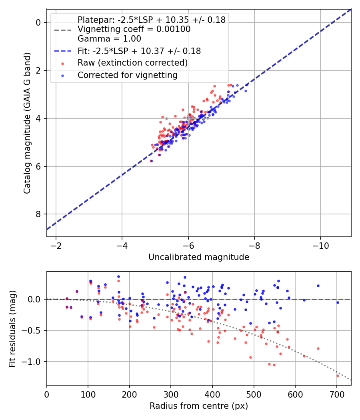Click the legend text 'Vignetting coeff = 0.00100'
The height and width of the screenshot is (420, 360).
click(134, 29)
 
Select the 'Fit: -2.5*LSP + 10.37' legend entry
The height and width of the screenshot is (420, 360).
click(139, 51)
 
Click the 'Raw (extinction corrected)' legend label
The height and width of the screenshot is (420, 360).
click(132, 63)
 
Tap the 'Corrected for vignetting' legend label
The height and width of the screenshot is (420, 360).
click(127, 75)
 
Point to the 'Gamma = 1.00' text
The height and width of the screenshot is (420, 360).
click(109, 39)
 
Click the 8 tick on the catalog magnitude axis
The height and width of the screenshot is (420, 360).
click(39, 214)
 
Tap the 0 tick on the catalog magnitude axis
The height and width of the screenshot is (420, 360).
click(39, 23)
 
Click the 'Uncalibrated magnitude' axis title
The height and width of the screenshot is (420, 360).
click(199, 257)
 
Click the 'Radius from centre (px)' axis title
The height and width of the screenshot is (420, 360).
click(199, 406)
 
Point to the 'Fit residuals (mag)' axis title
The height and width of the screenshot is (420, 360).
click(12, 328)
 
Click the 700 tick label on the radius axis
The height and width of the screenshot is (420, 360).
click(337, 394)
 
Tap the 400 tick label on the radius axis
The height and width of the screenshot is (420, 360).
click(212, 394)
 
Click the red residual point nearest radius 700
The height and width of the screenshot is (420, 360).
click(338, 376)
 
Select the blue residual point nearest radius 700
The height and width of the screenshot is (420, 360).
click(338, 302)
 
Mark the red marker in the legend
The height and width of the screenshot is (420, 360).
click(62, 63)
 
